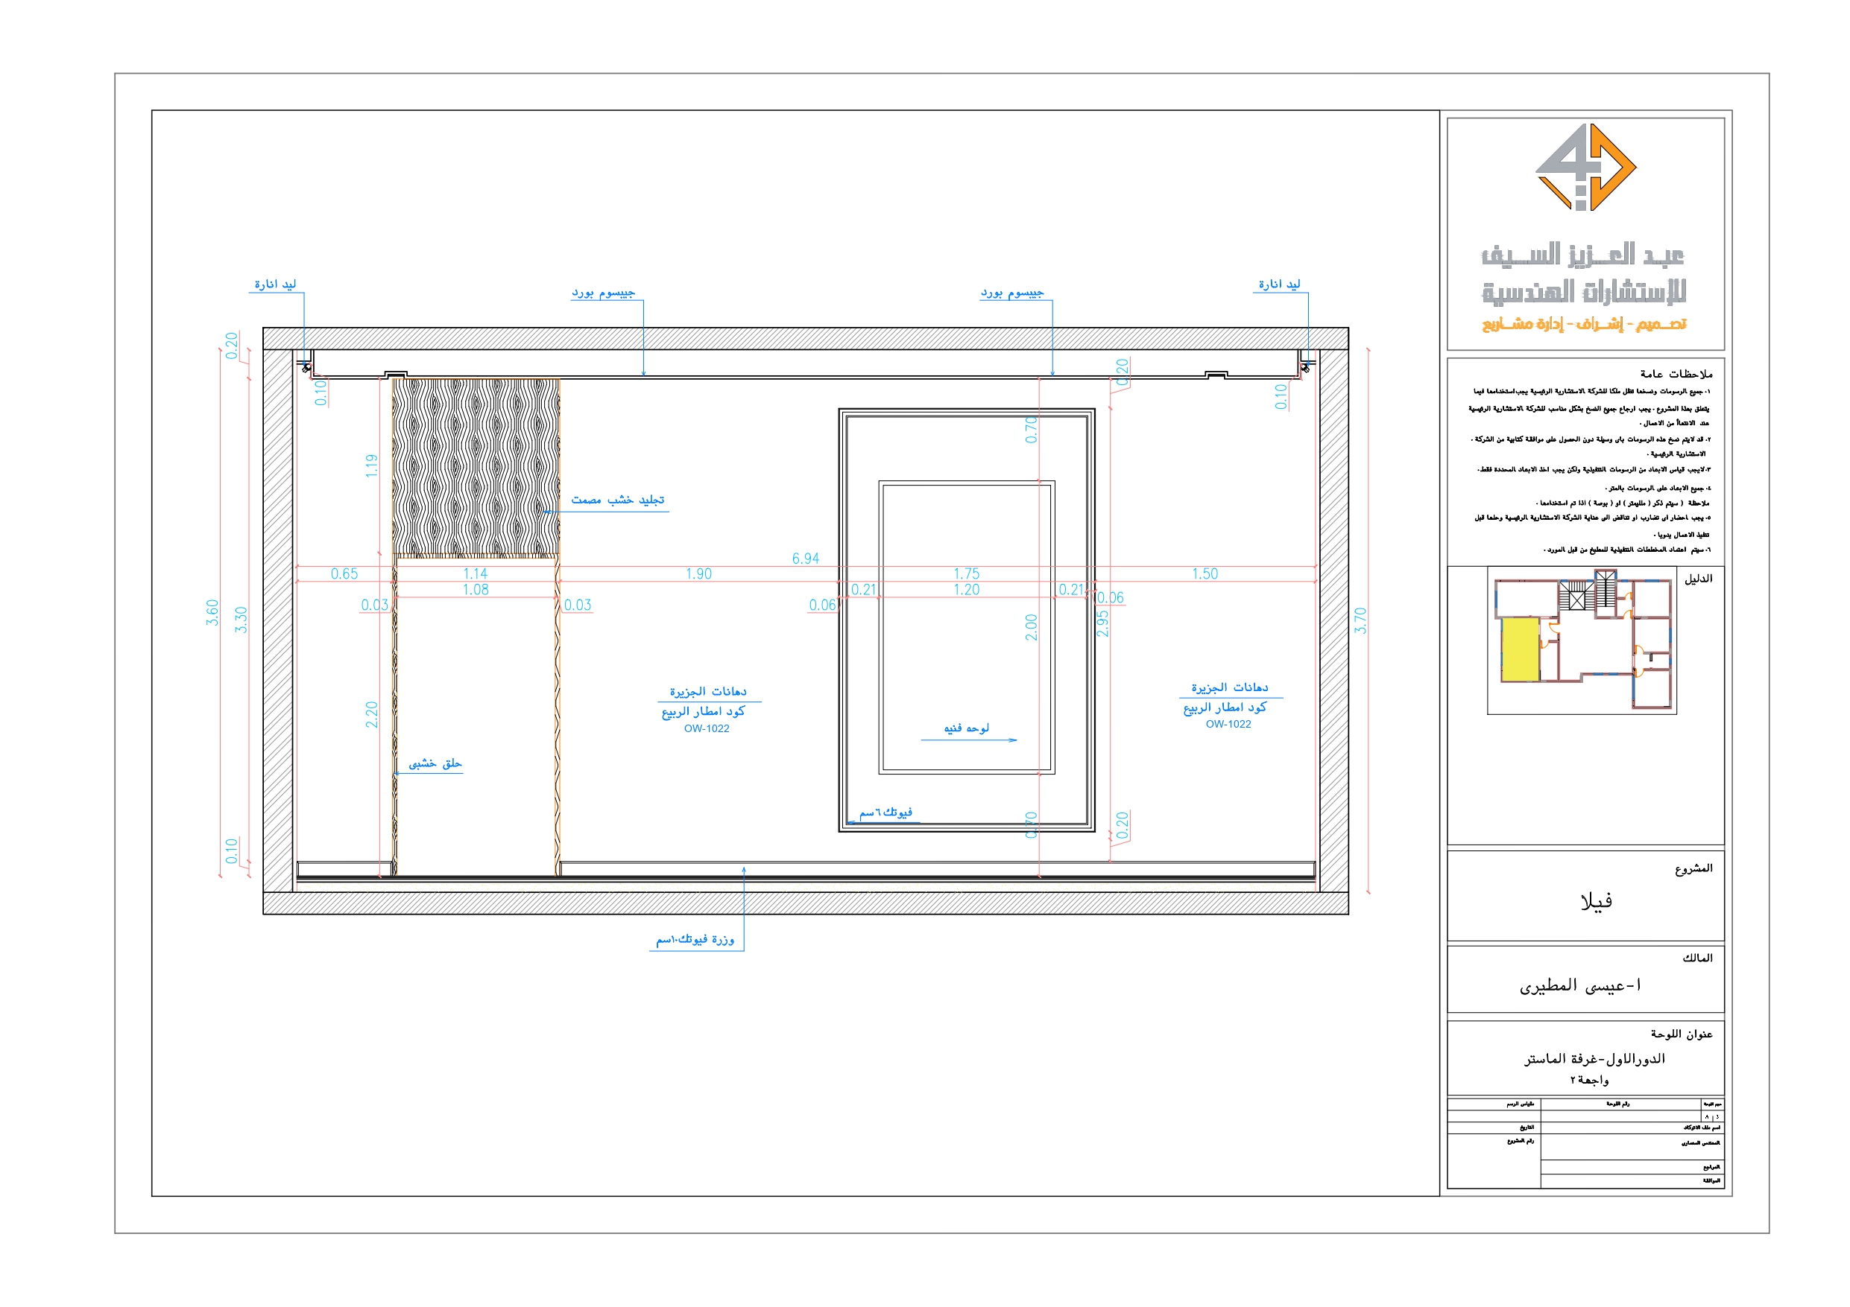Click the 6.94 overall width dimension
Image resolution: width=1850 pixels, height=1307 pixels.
(x=805, y=558)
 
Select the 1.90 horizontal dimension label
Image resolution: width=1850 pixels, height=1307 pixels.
(x=698, y=573)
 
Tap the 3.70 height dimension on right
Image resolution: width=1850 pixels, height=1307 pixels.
(x=1360, y=620)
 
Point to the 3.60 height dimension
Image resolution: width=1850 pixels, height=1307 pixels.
(x=212, y=612)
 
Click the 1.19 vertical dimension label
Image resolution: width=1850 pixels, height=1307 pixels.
(x=371, y=465)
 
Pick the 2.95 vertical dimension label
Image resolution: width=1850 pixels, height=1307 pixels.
(x=1103, y=623)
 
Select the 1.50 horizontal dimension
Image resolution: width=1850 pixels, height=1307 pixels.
(x=1205, y=573)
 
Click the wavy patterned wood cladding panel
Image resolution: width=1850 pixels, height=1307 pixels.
(x=476, y=467)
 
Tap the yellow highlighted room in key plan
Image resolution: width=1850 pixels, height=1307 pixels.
(x=1520, y=648)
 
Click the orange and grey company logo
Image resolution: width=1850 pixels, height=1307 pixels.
(x=1585, y=168)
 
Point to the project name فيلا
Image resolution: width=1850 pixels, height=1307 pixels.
(x=1596, y=901)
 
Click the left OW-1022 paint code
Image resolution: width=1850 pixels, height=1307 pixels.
(x=707, y=729)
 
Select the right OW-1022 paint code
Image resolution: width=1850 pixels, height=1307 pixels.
(x=1228, y=724)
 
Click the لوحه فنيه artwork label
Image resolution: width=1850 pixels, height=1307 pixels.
(x=966, y=728)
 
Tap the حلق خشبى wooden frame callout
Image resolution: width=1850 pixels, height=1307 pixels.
(x=435, y=763)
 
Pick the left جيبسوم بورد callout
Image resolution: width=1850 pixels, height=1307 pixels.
(x=604, y=293)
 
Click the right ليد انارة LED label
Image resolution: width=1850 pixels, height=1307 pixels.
(x=1280, y=284)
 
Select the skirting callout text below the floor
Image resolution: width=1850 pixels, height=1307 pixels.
(x=695, y=940)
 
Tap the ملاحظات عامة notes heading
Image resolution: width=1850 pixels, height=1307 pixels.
(x=1676, y=374)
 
